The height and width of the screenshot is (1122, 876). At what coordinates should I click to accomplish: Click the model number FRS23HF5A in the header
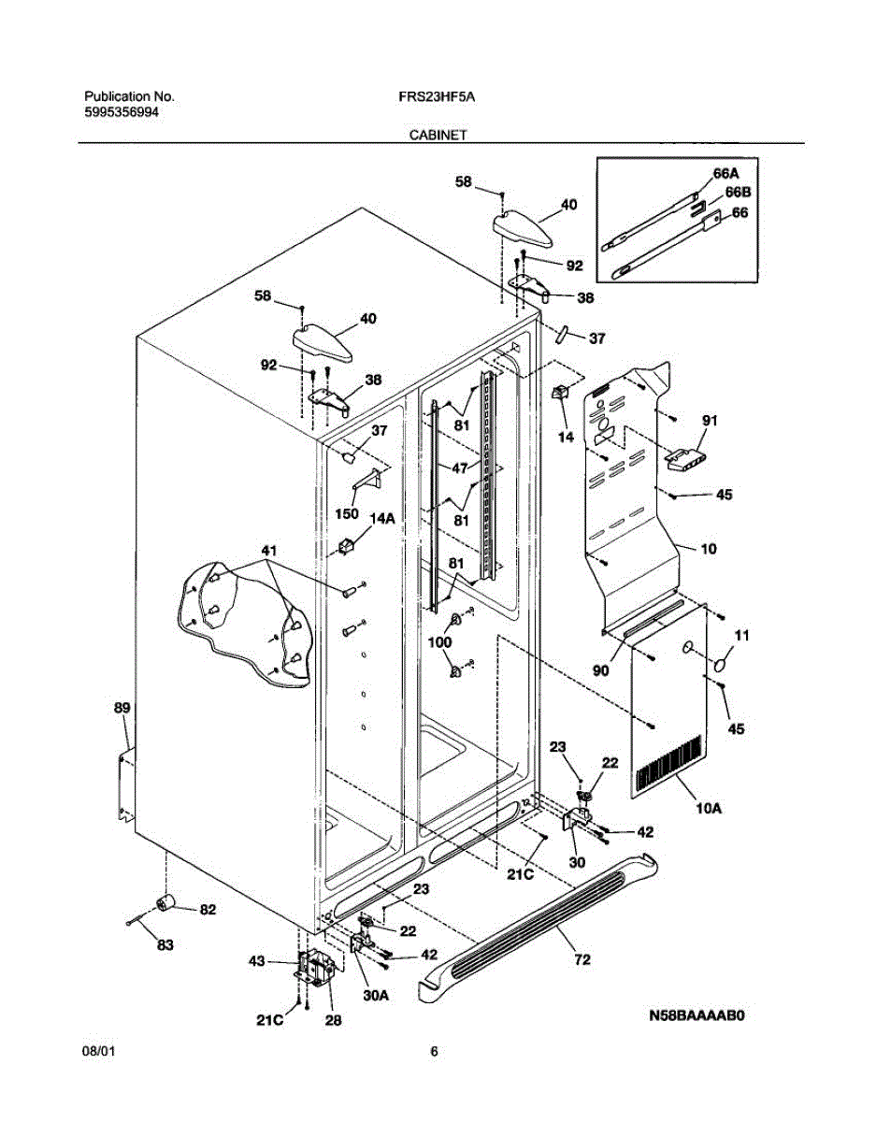pos(437,96)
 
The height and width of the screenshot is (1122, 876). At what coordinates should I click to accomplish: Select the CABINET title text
pos(438,135)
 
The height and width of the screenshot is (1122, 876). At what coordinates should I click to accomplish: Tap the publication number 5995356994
pos(122,111)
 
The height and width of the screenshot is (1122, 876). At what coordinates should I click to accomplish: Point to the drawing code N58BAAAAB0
pos(696,1015)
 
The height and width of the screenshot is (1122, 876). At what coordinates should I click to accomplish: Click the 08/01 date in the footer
pos(98,1051)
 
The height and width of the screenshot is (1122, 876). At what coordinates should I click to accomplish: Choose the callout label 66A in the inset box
pos(725,174)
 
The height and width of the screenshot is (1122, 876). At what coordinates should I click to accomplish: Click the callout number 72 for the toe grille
pos(582,959)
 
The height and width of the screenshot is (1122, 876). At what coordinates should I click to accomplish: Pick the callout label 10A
pos(709,822)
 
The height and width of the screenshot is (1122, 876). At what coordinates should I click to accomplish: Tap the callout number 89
pos(122,708)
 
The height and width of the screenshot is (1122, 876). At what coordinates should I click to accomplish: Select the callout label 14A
pos(382,519)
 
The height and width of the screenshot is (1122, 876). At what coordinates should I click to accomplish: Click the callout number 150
pos(346,513)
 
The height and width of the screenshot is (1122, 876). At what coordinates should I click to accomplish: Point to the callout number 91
pos(710,421)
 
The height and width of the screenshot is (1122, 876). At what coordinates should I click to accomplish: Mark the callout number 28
pos(334,1020)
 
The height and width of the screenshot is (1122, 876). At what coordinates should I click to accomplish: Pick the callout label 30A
pos(375,996)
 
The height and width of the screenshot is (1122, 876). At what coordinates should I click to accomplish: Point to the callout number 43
pos(257,961)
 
